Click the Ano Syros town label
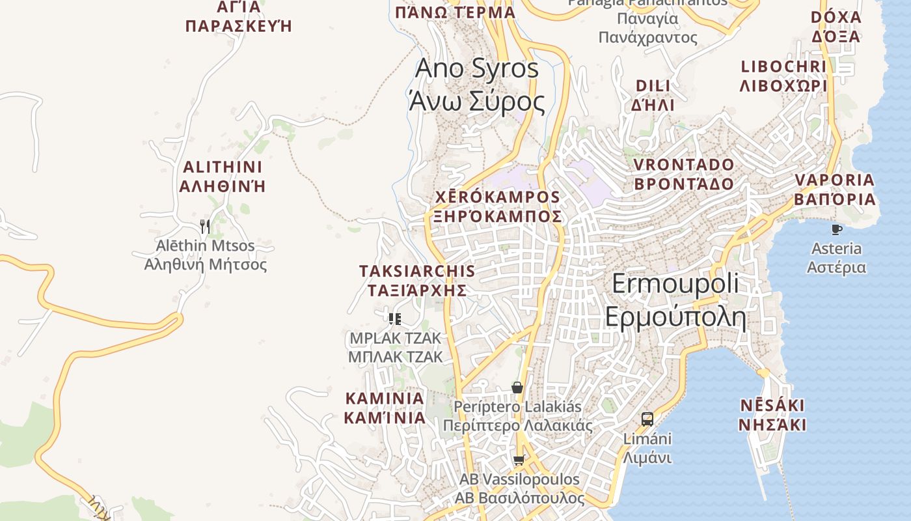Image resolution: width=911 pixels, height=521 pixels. click(x=477, y=68)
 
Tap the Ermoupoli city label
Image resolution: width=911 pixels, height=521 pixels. click(x=676, y=284)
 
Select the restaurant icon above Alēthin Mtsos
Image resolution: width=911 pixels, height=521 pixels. click(x=205, y=226)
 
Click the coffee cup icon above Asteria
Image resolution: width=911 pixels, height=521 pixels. click(x=836, y=229)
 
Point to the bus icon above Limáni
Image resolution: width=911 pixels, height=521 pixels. click(x=647, y=419)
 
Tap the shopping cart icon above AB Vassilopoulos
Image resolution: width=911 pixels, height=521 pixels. click(x=519, y=460)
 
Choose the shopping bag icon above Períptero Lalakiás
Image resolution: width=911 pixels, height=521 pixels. click(x=517, y=387)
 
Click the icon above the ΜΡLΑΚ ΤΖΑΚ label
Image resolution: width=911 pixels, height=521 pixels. click(x=394, y=318)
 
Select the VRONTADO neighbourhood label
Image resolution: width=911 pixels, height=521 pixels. click(x=684, y=165)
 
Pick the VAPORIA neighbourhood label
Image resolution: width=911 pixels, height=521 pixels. click(x=835, y=180)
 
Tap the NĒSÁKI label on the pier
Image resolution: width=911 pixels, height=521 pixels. click(x=772, y=406)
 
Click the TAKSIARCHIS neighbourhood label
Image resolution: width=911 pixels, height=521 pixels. click(x=417, y=271)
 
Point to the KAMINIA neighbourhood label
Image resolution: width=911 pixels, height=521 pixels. click(x=385, y=398)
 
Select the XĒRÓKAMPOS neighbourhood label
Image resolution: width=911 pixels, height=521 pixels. click(x=497, y=197)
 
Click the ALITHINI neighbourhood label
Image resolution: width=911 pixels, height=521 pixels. click(x=223, y=167)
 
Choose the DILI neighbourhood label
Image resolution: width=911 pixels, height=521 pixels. click(x=653, y=86)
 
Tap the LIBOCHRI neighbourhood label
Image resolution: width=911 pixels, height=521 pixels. click(x=783, y=66)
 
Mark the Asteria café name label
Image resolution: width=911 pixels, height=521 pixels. click(x=836, y=249)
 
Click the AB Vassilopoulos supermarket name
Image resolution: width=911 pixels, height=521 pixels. click(x=519, y=480)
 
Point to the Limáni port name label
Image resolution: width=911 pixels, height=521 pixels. click(x=647, y=438)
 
